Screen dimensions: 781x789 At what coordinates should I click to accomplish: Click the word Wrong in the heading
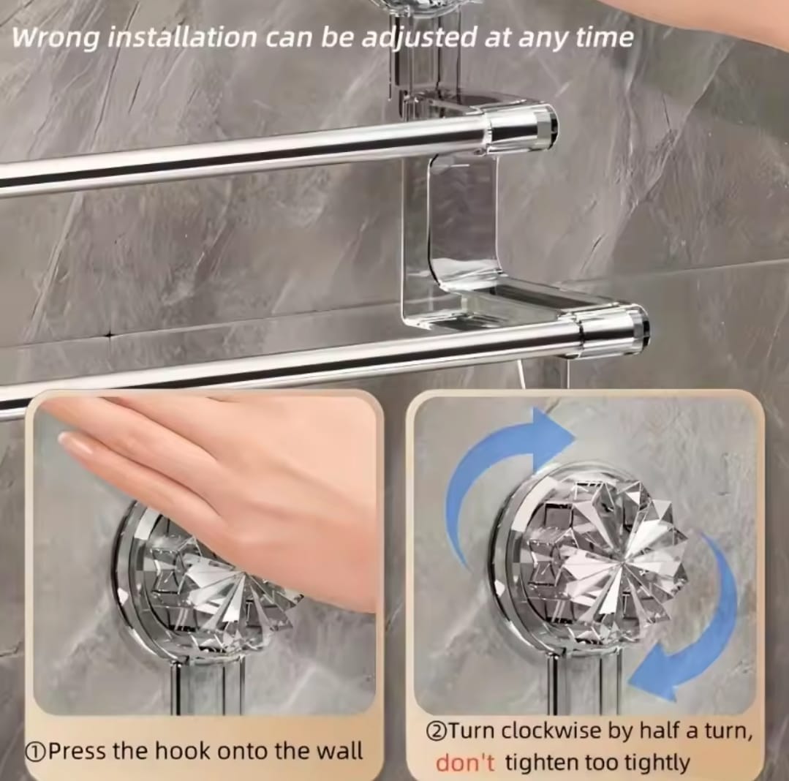[54, 38]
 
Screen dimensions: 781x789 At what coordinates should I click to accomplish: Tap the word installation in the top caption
[186, 38]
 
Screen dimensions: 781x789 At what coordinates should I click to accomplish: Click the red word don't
[465, 763]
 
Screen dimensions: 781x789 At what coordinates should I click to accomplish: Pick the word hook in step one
[198, 751]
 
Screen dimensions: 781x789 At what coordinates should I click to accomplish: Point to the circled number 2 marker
[436, 731]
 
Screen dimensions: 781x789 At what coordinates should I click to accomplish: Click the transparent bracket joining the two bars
[450, 219]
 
